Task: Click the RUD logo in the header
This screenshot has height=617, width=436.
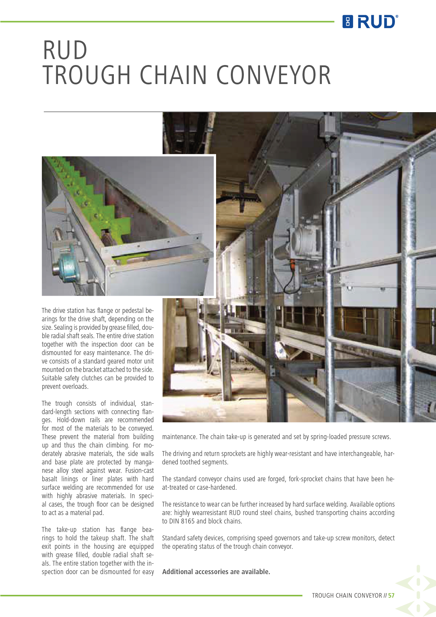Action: pyautogui.click(x=370, y=22)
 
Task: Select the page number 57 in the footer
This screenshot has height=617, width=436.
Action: pyautogui.click(x=391, y=595)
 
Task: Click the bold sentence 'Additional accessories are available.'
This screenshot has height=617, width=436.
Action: pyautogui.click(x=216, y=572)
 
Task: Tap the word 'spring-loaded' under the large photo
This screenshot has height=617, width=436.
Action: pyautogui.click(x=328, y=437)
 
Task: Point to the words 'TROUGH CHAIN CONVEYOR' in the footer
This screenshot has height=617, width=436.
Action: pyautogui.click(x=347, y=595)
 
